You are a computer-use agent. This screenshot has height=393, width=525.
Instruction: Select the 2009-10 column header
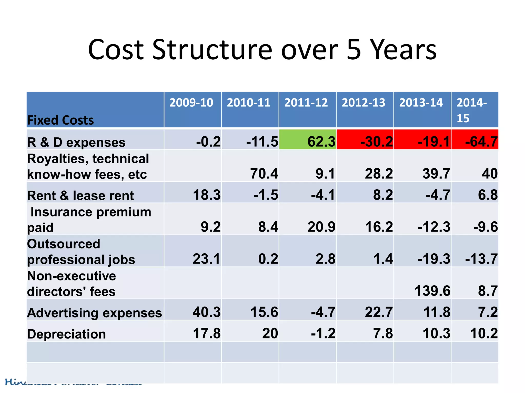[191, 103]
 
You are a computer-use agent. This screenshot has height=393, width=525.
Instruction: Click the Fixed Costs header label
[60, 120]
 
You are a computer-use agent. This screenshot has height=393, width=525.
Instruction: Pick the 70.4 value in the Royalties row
[264, 173]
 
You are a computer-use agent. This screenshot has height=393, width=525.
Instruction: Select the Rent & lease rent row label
[80, 195]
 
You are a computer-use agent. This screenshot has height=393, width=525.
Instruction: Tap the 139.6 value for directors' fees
[432, 291]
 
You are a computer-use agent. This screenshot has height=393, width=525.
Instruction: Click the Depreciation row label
[66, 334]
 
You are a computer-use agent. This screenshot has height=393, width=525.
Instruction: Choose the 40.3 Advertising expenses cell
[207, 312]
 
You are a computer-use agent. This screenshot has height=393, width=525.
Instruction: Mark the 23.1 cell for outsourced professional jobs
[207, 259]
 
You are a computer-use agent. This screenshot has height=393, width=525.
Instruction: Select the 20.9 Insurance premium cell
[321, 227]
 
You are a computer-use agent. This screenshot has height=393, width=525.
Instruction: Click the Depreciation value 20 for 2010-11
[270, 333]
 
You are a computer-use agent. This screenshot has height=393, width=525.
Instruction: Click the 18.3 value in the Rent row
[207, 195]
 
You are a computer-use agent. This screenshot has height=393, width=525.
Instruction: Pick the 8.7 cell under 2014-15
[488, 291]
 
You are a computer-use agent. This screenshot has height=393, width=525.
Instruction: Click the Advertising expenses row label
[94, 313]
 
